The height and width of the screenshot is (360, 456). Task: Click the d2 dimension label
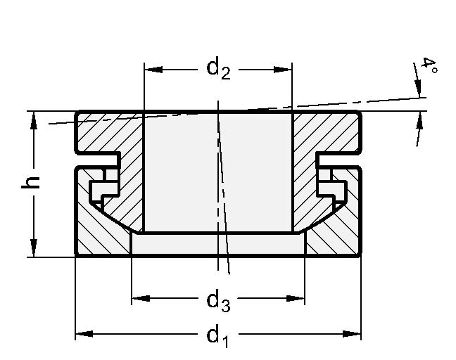pos(218,69)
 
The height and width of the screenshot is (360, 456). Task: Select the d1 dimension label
pos(217,335)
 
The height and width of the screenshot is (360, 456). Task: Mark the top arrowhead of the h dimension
pos(33,120)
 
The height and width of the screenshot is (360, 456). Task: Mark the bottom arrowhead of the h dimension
pos(33,249)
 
